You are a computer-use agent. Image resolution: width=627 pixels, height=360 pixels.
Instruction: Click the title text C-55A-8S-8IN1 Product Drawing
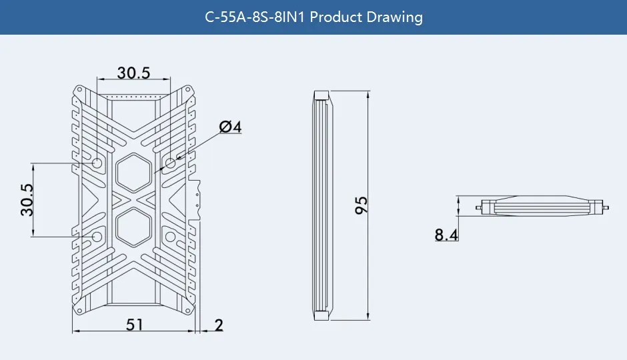click(313, 17)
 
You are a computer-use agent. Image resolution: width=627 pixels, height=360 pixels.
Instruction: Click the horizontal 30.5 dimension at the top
click(133, 73)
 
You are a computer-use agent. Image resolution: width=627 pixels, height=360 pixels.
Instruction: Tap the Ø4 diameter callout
click(229, 127)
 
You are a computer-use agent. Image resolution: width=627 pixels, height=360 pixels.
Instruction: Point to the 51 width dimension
click(135, 325)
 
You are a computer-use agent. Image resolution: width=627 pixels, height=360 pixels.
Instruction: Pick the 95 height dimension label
click(361, 205)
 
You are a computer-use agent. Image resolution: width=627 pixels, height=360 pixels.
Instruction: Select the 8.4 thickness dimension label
click(446, 235)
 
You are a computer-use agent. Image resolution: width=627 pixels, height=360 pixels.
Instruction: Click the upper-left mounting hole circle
click(97, 163)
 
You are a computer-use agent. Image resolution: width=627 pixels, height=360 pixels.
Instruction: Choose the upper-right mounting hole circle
click(171, 163)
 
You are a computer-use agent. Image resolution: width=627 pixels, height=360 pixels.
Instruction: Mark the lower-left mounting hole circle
click(97, 237)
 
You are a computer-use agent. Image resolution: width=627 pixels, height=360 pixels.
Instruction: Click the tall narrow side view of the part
click(323, 205)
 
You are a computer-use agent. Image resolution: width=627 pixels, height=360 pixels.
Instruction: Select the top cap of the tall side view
click(323, 94)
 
